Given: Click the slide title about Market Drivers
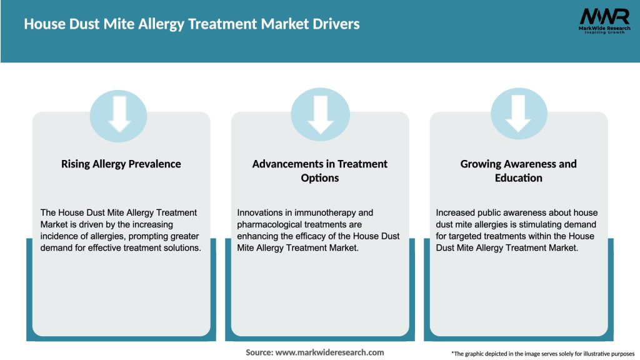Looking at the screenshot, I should [191, 24].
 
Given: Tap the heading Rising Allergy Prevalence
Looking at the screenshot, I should [121, 164].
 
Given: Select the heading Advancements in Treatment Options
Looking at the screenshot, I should [320, 171].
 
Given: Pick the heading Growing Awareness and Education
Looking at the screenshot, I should [518, 171].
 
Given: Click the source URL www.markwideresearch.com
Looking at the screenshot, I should [329, 352].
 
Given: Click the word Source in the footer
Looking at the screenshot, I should [259, 352].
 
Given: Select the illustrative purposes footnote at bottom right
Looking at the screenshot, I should [542, 354].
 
